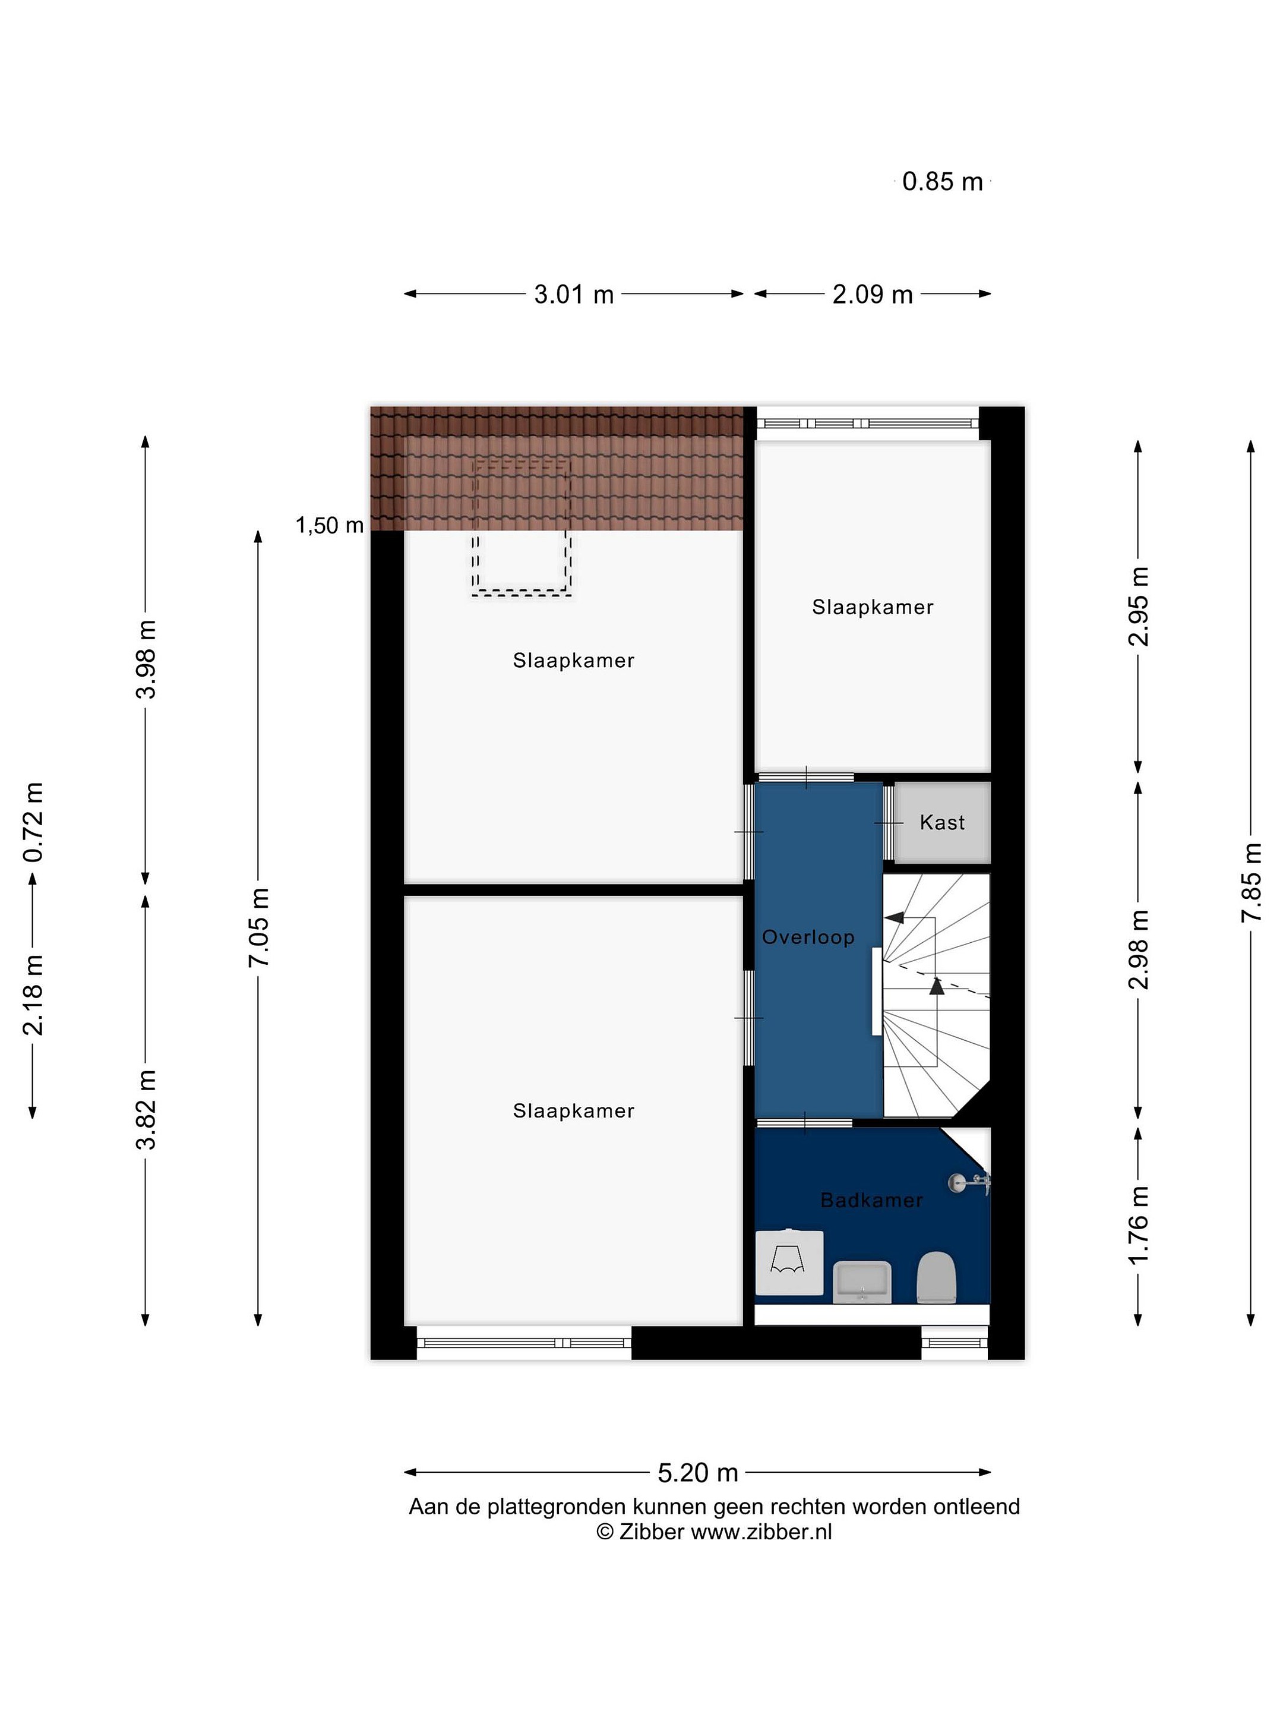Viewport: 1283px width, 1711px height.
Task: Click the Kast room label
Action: tap(942, 822)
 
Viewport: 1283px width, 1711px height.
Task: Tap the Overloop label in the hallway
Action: tap(808, 937)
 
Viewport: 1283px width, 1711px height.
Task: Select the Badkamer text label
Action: tap(871, 1201)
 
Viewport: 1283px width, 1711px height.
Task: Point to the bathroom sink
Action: tap(862, 1281)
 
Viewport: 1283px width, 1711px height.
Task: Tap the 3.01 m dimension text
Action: tap(574, 294)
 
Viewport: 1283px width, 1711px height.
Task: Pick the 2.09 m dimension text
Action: tap(873, 294)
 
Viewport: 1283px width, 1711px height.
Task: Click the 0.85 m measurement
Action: tap(943, 181)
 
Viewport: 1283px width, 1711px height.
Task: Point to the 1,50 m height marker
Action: tap(330, 525)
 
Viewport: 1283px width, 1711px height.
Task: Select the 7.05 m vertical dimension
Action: tap(258, 927)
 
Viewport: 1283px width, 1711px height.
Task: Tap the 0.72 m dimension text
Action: tap(33, 822)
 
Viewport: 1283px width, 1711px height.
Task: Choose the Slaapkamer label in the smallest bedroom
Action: tap(873, 607)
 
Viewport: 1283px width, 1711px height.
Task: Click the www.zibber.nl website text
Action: tap(761, 1532)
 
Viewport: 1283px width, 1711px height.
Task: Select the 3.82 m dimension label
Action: tap(146, 1110)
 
